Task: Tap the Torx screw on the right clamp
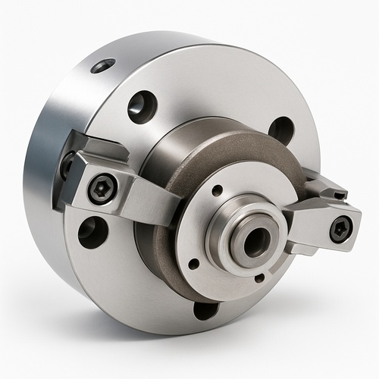[x=340, y=227]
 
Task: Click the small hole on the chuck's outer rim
[x=102, y=67]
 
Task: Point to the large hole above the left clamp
[x=142, y=106]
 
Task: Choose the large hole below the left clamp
[x=92, y=232]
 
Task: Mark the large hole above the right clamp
[x=281, y=130]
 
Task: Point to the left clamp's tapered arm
[x=155, y=202]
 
